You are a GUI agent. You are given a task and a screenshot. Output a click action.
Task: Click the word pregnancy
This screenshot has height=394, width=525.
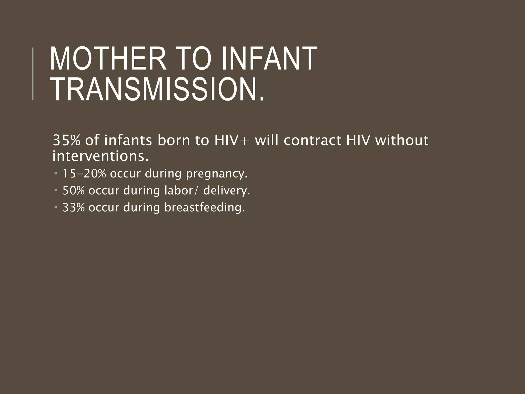tap(217, 174)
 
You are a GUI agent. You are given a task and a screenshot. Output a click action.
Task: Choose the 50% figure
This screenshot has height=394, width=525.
tap(74, 191)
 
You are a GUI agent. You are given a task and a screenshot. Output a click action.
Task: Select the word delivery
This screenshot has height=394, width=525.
tap(227, 191)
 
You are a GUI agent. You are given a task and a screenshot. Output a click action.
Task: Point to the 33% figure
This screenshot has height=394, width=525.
tap(74, 207)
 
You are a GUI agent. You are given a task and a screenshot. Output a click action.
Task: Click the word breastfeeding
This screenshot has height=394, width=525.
tap(205, 207)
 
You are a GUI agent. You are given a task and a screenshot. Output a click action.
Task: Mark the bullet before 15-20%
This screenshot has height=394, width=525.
tap(56, 174)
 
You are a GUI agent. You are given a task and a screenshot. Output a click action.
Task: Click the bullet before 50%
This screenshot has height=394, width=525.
tap(56, 191)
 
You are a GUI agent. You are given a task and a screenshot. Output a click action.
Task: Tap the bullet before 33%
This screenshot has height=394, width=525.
tap(56, 207)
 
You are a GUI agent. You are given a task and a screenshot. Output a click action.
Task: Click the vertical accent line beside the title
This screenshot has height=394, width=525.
tap(33, 74)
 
